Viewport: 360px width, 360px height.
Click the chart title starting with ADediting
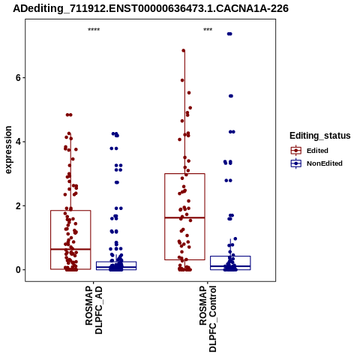click(x=151, y=8)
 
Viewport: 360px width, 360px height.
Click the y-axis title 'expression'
click(x=8, y=150)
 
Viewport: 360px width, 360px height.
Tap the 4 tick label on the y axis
click(x=18, y=142)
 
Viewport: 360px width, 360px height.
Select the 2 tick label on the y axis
click(x=18, y=206)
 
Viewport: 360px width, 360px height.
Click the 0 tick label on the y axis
click(x=18, y=270)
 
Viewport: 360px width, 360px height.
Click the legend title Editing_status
click(x=320, y=136)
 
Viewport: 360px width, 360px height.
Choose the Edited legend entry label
click(x=317, y=151)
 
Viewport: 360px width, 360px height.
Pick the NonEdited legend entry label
click(x=325, y=163)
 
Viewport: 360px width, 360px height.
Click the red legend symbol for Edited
click(x=296, y=151)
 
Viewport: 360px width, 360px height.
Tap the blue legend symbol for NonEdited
click(x=296, y=163)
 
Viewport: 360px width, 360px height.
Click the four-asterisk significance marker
click(x=94, y=30)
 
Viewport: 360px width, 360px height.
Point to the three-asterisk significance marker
click(x=208, y=30)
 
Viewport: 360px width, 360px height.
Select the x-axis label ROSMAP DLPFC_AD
click(x=94, y=310)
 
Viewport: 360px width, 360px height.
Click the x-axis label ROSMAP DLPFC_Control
click(x=208, y=319)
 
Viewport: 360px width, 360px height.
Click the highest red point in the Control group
click(x=184, y=50)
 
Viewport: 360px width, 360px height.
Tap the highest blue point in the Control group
click(x=229, y=34)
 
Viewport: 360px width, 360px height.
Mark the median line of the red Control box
click(x=184, y=217)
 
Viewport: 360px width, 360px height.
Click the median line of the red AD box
click(x=70, y=249)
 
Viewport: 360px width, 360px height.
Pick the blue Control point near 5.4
click(x=231, y=96)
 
